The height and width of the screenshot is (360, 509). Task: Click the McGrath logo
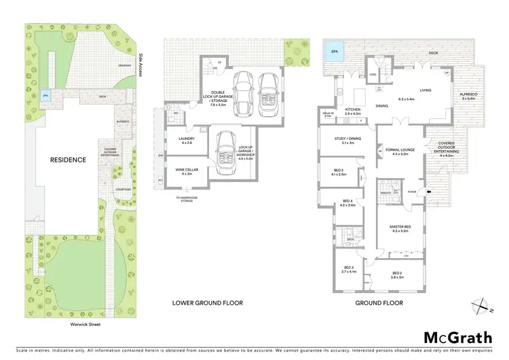(x=458, y=338)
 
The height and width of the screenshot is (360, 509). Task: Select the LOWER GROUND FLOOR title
(x=208, y=303)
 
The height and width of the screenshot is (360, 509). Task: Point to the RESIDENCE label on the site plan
(x=67, y=160)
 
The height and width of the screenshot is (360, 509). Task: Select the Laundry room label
(x=186, y=141)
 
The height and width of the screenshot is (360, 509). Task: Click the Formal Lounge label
(x=399, y=151)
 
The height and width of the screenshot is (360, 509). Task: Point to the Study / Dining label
(x=347, y=140)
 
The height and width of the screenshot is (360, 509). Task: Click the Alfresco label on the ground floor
(x=469, y=96)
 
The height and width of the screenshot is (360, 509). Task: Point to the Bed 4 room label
(x=347, y=202)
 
